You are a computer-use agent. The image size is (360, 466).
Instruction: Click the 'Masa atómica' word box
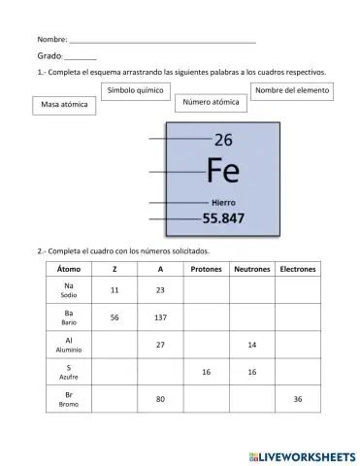pyautogui.click(x=65, y=105)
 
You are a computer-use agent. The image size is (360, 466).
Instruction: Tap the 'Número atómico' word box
pyautogui.click(x=211, y=102)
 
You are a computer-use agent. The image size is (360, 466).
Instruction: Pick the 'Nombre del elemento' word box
pyautogui.click(x=292, y=90)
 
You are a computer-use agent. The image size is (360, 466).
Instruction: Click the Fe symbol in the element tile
pyautogui.click(x=223, y=171)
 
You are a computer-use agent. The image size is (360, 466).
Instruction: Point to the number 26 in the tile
pyautogui.click(x=223, y=140)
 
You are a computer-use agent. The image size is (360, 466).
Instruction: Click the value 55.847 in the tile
pyautogui.click(x=223, y=218)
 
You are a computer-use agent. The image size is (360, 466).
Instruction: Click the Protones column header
pyautogui.click(x=206, y=269)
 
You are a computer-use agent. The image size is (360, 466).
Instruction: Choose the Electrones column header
pyautogui.click(x=297, y=269)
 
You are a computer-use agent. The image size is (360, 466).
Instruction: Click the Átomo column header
pyautogui.click(x=69, y=269)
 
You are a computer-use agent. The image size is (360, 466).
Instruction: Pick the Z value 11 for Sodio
pyautogui.click(x=115, y=290)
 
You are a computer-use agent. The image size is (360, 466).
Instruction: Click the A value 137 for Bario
pyautogui.click(x=160, y=317)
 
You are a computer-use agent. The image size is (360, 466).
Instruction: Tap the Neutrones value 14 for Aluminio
pyautogui.click(x=251, y=345)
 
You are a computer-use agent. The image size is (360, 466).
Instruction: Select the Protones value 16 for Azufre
pyautogui.click(x=206, y=372)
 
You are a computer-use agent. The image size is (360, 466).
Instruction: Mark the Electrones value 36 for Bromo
pyautogui.click(x=297, y=399)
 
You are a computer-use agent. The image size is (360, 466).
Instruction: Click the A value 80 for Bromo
pyautogui.click(x=160, y=399)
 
